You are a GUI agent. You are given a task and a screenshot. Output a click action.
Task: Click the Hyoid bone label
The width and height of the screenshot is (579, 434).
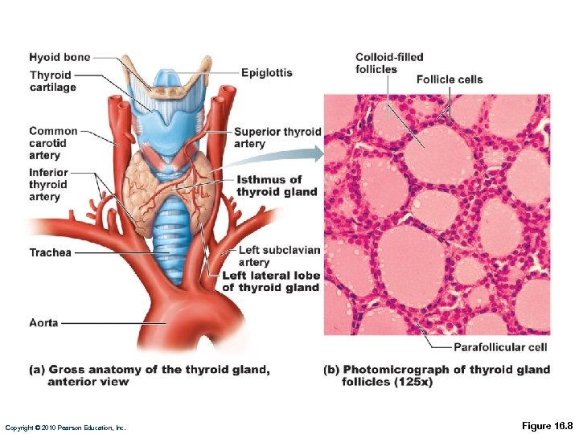pyautogui.click(x=60, y=57)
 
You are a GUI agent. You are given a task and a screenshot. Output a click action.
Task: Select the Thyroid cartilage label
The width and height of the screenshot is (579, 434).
pyautogui.click(x=52, y=81)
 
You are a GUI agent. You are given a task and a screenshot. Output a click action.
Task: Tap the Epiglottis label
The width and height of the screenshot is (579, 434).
pyautogui.click(x=266, y=72)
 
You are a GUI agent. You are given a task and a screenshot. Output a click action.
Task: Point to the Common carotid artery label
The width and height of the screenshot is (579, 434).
pyautogui.click(x=53, y=143)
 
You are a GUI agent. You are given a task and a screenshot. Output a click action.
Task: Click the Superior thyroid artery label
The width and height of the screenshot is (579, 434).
pyautogui.click(x=277, y=137)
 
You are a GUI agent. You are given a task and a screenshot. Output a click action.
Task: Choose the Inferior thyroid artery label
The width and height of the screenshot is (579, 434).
pyautogui.click(x=49, y=184)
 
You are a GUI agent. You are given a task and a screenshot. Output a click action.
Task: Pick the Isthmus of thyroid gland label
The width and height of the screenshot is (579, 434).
pyautogui.click(x=277, y=186)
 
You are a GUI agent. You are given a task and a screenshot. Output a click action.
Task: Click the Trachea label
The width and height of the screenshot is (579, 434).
pyautogui.click(x=50, y=252)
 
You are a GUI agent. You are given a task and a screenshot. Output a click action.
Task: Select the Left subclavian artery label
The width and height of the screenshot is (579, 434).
pyautogui.click(x=279, y=256)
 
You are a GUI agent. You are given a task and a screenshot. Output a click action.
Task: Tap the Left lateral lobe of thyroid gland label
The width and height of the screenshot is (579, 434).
pyautogui.click(x=271, y=281)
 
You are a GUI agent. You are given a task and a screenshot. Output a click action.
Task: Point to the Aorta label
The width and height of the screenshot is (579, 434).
pyautogui.click(x=43, y=322)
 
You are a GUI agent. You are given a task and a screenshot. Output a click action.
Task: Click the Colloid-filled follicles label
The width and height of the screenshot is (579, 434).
pyautogui.click(x=389, y=63)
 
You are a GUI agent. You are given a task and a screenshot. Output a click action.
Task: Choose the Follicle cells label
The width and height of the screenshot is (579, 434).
pyautogui.click(x=450, y=79)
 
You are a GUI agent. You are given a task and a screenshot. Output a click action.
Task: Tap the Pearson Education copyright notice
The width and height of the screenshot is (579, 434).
pyautogui.click(x=65, y=427)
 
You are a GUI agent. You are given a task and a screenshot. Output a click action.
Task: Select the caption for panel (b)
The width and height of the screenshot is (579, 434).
pyautogui.click(x=437, y=375)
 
